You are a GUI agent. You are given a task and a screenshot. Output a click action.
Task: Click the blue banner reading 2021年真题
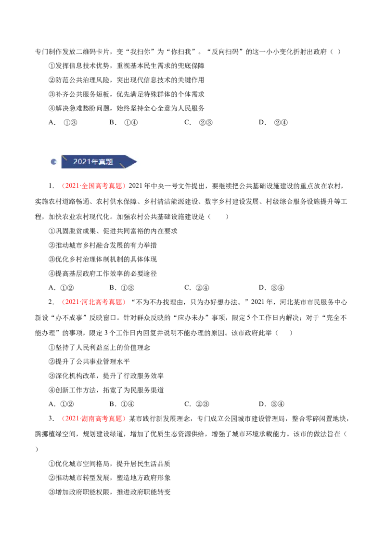[x=99, y=162]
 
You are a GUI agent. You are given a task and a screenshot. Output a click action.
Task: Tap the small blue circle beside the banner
[x=53, y=162]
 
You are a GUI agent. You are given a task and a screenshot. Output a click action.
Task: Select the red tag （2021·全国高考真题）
[x=93, y=186]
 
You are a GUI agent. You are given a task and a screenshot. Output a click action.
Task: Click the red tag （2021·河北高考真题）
[x=93, y=302]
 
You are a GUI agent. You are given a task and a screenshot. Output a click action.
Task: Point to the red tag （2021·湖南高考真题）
[x=93, y=418]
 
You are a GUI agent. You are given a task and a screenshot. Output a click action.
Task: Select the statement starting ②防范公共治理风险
[x=126, y=80]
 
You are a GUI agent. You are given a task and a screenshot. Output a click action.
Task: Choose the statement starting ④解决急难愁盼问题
[x=126, y=108]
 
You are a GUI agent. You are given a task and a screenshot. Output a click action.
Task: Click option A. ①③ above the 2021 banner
[x=63, y=122]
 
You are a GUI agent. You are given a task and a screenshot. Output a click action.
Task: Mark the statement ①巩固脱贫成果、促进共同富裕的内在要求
[x=113, y=231]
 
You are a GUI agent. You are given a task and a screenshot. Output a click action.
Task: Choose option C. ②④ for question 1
[x=197, y=288]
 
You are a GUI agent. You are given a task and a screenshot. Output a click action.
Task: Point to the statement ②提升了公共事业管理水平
[x=89, y=362]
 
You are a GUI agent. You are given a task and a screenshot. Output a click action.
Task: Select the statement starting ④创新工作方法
[x=106, y=390]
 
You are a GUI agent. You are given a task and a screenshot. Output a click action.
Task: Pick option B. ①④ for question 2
[x=122, y=404]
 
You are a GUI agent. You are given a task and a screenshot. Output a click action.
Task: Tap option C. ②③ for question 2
[x=197, y=404]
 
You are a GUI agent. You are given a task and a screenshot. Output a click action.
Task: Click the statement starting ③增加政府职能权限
[x=109, y=492]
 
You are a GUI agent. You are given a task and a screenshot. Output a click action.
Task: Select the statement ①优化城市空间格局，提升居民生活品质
[x=109, y=464]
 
